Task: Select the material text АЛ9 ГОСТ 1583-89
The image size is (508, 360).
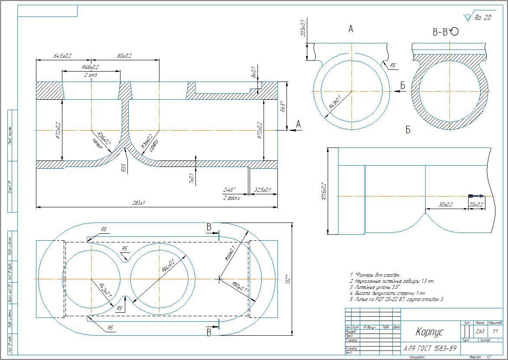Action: point(430,348)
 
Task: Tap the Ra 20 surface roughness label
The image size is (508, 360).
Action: point(483,18)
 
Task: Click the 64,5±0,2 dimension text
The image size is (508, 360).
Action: point(63,56)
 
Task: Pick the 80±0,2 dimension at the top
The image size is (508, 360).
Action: point(125,56)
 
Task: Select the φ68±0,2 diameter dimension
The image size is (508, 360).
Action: point(90,67)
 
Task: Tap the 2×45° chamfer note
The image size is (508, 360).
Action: point(229,190)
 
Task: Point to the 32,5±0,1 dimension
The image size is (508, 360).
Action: point(263,190)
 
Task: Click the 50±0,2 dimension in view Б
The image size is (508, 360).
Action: point(444,205)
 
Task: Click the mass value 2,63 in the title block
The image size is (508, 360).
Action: point(480,331)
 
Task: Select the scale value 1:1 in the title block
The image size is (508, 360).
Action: point(495,331)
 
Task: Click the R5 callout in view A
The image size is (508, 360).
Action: point(393,65)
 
